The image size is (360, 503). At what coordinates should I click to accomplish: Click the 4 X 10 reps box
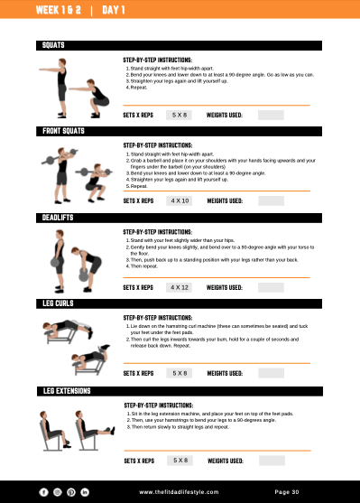180,200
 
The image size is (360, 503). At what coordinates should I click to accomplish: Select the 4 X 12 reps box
180,287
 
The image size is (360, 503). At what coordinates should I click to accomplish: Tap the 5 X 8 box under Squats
180,115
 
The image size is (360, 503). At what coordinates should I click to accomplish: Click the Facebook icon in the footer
42,491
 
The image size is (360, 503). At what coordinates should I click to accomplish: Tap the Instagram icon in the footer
57,491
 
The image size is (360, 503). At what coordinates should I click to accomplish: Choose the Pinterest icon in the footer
71,491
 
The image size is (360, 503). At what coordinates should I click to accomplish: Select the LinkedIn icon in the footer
86,491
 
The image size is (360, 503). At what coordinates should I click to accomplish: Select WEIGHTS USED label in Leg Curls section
225,373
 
